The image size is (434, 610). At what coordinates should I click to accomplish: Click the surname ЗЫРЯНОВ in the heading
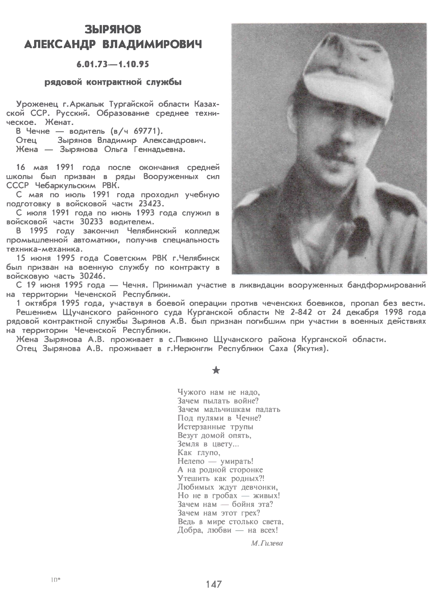(x=113, y=30)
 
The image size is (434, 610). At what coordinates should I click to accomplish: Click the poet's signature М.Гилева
(x=267, y=543)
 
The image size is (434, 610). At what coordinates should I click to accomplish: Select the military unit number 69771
(x=147, y=131)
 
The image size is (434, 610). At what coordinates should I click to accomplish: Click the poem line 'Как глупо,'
(x=199, y=453)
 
